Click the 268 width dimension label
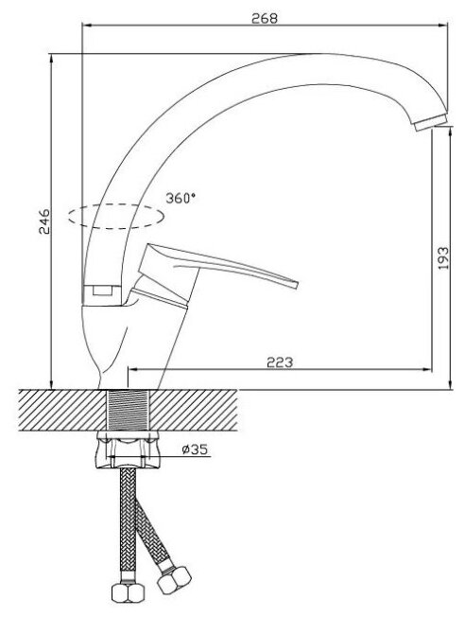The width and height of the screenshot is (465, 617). tap(264, 18)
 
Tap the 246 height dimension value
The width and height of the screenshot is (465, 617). tap(44, 221)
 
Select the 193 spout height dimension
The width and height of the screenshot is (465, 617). tap(443, 258)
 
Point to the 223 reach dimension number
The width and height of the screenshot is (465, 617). tap(280, 362)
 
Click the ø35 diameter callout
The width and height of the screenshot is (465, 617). tap(195, 449)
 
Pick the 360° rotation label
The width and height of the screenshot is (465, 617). tap(181, 198)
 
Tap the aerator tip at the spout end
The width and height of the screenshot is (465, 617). tap(431, 122)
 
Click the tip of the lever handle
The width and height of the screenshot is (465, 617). tap(297, 285)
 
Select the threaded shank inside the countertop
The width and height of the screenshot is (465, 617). tap(129, 410)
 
